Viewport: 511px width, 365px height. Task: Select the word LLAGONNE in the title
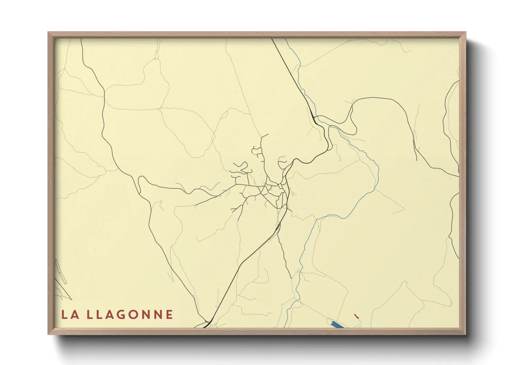click(x=130, y=315)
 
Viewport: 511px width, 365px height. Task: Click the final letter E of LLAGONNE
click(x=169, y=315)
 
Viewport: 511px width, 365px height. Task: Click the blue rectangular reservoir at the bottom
click(x=337, y=325)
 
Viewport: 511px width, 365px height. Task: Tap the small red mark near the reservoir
click(x=357, y=315)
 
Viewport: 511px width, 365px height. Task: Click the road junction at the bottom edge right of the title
click(x=206, y=324)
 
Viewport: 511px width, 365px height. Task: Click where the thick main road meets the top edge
click(x=272, y=39)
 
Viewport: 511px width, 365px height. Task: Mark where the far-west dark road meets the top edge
click(x=81, y=39)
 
